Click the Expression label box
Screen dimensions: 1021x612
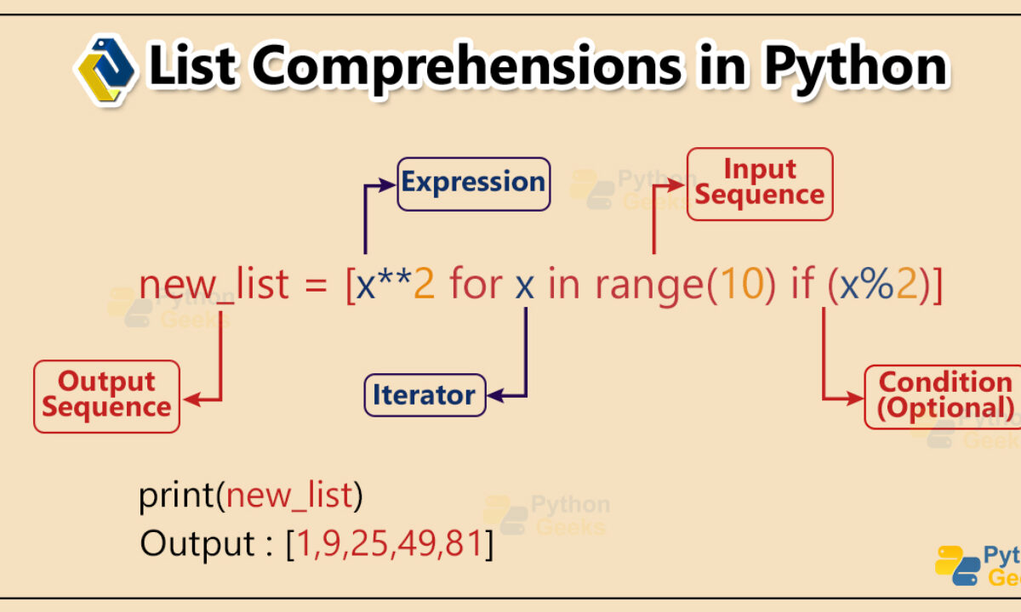(474, 184)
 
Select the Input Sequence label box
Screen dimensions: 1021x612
(760, 184)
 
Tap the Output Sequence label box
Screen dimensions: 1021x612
(106, 396)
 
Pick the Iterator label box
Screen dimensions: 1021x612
(425, 394)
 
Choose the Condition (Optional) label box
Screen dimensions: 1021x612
(943, 397)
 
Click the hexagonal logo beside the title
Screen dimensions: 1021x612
(106, 70)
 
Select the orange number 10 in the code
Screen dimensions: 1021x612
(741, 284)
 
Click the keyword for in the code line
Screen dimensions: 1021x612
(476, 283)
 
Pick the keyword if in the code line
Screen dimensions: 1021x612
(802, 282)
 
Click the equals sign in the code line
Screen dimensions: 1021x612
(316, 286)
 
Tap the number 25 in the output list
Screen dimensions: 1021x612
(369, 543)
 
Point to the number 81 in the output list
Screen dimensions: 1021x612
(464, 543)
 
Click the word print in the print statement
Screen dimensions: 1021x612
(176, 496)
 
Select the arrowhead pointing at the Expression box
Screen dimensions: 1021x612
(387, 185)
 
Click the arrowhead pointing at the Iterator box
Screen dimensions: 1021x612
(495, 396)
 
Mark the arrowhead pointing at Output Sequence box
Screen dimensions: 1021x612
(192, 399)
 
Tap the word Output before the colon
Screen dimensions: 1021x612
(197, 544)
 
